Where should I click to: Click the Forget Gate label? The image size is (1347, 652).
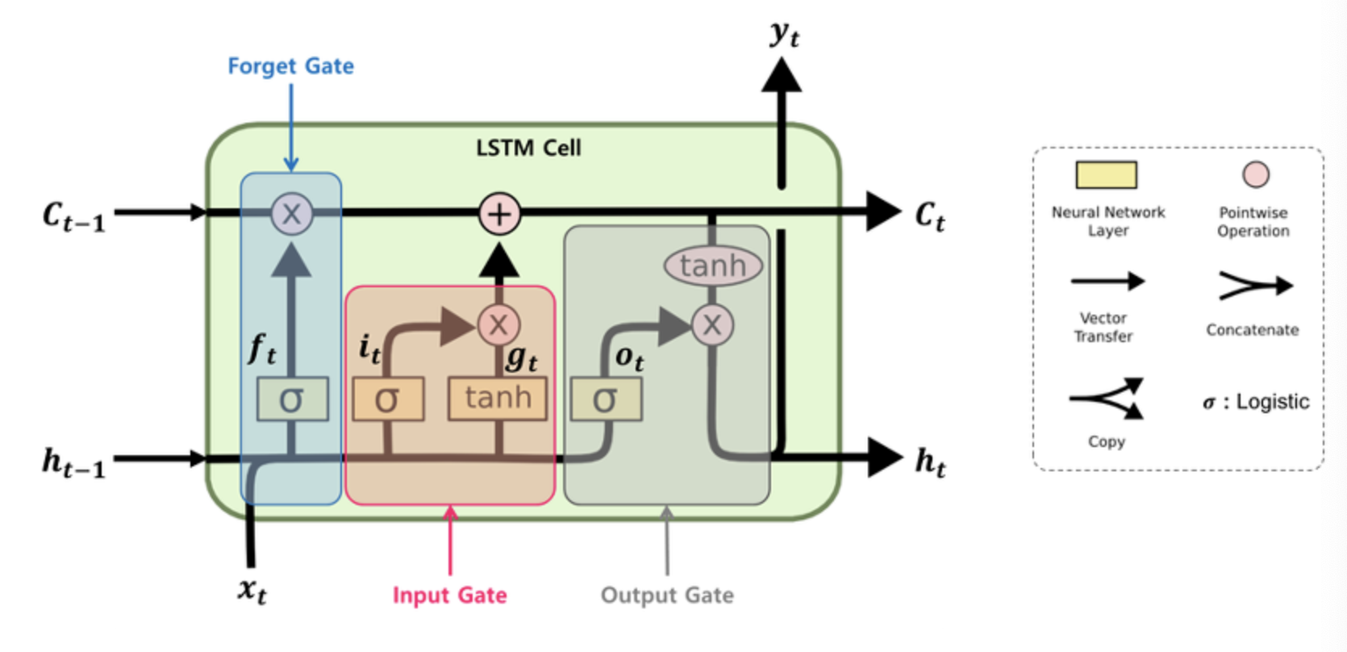290,65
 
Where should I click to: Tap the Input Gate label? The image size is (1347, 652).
449,596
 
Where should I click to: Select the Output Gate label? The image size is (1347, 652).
667,596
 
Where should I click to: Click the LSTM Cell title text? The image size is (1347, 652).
528,148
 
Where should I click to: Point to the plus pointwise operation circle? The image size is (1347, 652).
499,214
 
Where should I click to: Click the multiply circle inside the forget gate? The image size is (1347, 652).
291,214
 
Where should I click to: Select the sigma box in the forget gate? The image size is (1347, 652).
292,399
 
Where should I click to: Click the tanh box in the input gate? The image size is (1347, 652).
498,399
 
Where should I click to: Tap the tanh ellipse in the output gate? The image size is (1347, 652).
713,265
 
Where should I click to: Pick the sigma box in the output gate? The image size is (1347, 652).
606,399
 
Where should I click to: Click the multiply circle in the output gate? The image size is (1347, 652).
712,325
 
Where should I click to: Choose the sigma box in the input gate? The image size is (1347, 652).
388,399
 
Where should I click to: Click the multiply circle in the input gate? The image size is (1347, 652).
498,325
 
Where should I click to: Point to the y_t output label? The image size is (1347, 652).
784,34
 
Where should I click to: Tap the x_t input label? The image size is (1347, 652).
252,590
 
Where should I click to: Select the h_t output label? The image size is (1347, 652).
930,462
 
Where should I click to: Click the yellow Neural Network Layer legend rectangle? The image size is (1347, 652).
1106,174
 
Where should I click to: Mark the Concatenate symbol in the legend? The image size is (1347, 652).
1255,285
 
